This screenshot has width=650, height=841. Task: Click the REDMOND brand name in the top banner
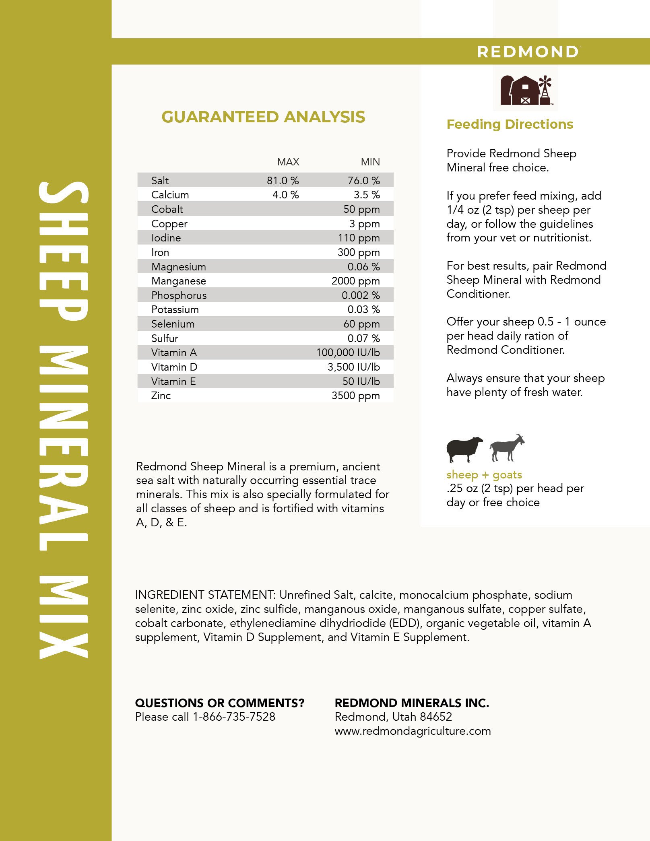click(528, 52)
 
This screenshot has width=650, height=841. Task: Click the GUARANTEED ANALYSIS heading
click(263, 117)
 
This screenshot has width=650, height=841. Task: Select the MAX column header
click(288, 162)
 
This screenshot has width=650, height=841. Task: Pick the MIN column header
click(370, 162)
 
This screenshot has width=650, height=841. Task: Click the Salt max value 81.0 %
click(283, 181)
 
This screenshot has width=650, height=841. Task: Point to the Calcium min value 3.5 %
click(367, 195)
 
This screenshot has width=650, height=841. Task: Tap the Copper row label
click(169, 224)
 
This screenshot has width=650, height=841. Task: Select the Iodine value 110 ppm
click(359, 238)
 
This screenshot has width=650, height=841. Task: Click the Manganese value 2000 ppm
click(355, 281)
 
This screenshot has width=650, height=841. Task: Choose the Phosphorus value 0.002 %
click(361, 295)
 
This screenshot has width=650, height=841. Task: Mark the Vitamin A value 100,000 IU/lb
click(348, 352)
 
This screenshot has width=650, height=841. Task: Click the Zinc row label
click(161, 396)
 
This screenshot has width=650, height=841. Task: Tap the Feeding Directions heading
click(510, 124)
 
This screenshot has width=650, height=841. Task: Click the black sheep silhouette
click(464, 449)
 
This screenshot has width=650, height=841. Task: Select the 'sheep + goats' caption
click(484, 475)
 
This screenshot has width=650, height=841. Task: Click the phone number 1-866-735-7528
click(234, 717)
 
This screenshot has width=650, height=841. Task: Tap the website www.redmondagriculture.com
click(413, 731)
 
